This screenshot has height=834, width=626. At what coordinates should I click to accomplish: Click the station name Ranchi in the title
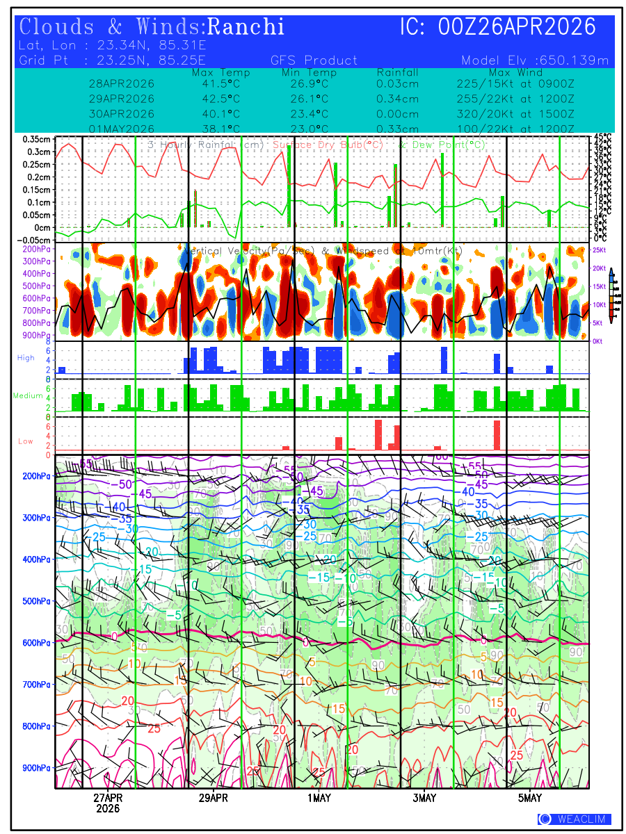pos(246,27)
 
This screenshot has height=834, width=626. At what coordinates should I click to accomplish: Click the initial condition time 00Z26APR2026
pos(497,27)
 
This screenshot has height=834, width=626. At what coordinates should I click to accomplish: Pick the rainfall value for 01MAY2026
pos(397,129)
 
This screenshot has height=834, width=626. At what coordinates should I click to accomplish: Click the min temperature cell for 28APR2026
pos(309,83)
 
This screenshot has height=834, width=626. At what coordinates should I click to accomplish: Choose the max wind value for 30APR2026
pos(511,113)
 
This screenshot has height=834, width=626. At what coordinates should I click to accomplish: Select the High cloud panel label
pos(26,357)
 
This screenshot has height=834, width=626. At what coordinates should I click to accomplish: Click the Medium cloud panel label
pos(28,396)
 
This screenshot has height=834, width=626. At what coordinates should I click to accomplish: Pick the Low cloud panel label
pos(26,441)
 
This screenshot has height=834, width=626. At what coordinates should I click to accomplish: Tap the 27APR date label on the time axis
pos(108,798)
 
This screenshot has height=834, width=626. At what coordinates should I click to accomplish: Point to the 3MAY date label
pos(424,798)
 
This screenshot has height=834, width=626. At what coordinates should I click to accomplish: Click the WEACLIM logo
pos(575,819)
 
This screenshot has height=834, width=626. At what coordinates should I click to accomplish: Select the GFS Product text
pos(314,60)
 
